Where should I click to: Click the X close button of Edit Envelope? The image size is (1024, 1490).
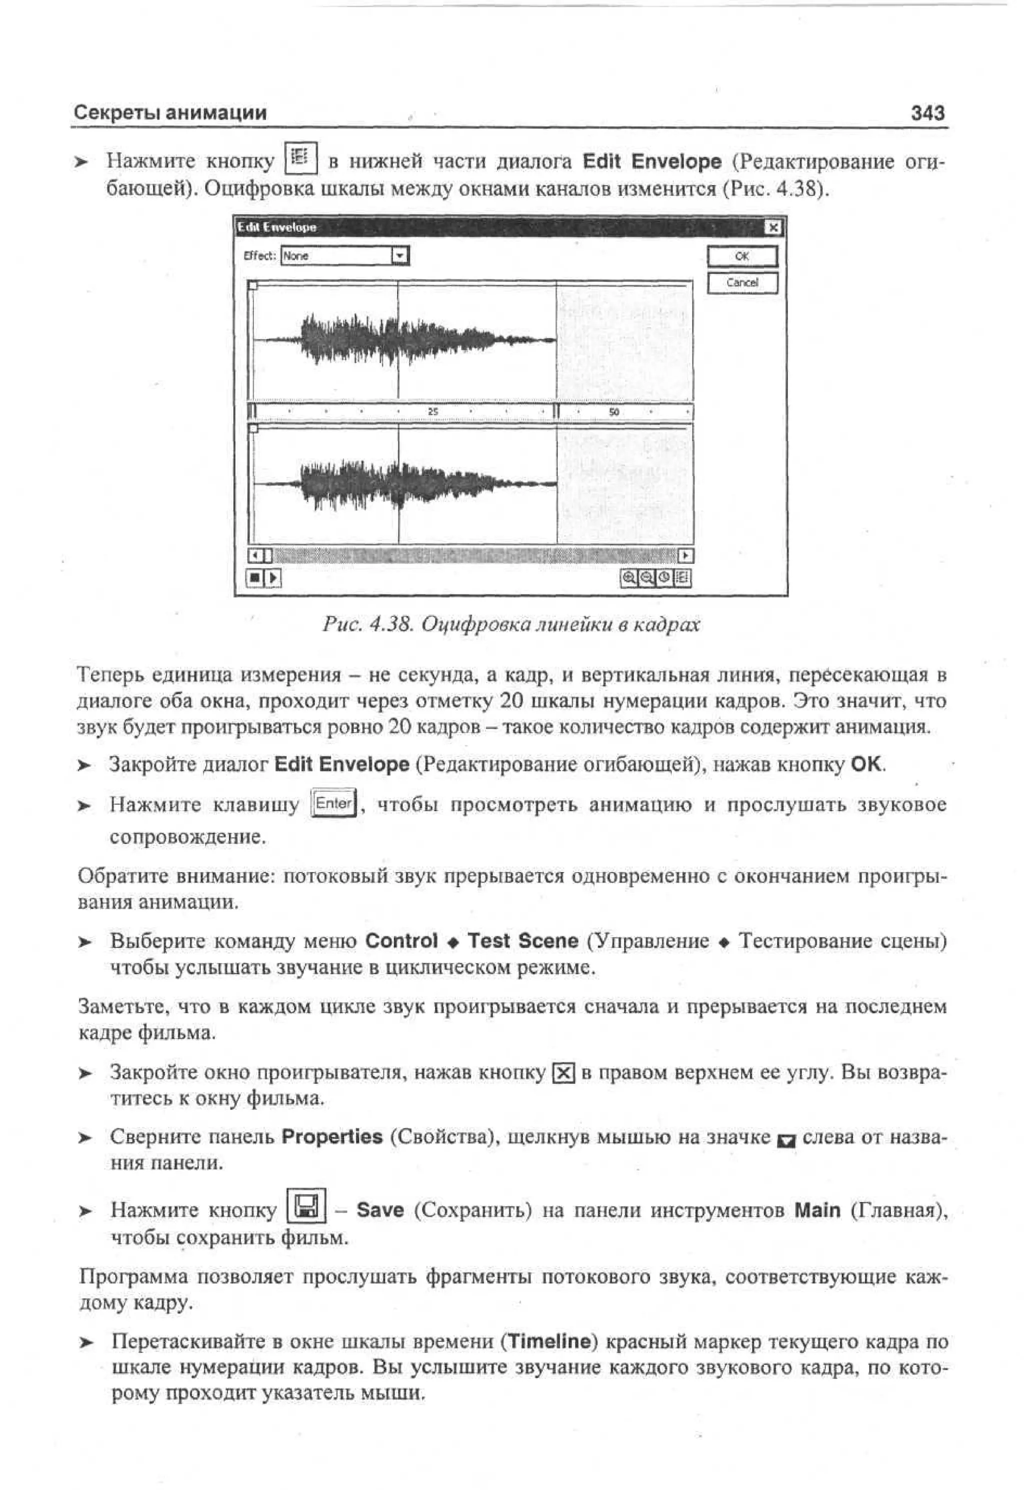coord(774,227)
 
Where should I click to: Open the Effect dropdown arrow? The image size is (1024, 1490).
coord(399,256)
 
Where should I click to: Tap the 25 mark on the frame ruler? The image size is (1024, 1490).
coord(433,412)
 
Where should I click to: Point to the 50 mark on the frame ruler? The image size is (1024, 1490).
coord(614,412)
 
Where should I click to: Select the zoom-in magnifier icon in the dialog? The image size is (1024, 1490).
coord(629,578)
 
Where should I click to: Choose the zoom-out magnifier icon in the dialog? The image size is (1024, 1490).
coord(646,578)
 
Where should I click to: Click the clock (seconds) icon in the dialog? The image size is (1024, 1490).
coord(664,578)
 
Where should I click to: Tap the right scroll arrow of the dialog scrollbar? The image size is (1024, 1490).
coord(686,555)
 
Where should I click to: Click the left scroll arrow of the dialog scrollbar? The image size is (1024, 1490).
coord(255,555)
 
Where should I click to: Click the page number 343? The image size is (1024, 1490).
coord(927,113)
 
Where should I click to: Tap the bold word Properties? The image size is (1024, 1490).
coord(331,1136)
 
